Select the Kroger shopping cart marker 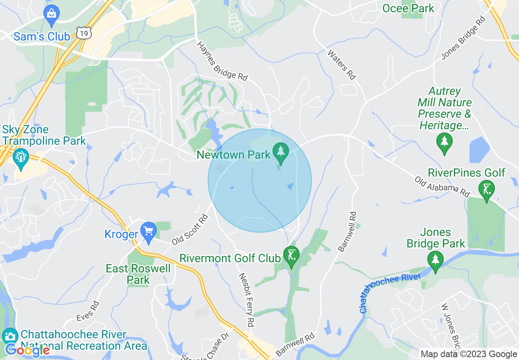[x=148, y=233]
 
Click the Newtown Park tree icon [x=280, y=151]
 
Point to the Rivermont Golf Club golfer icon [x=291, y=256]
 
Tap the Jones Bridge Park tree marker [x=435, y=259]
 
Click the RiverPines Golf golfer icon [x=487, y=189]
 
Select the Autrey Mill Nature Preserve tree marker [x=445, y=142]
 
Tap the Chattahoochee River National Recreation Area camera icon [x=10, y=336]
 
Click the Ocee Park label [x=408, y=8]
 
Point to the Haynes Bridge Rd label [x=222, y=61]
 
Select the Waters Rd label [x=341, y=64]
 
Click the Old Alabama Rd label [x=442, y=187]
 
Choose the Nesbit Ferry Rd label [x=246, y=299]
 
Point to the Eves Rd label [x=88, y=311]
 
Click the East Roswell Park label [x=138, y=274]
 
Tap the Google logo [x=27, y=350]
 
